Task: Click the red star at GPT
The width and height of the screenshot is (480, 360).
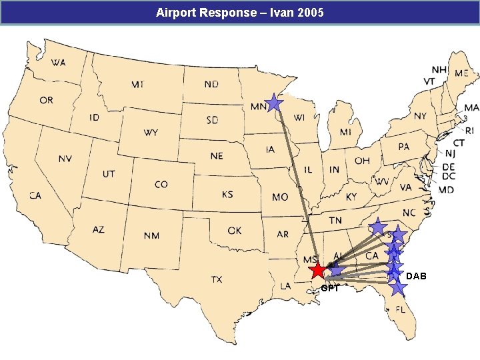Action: click(x=318, y=270)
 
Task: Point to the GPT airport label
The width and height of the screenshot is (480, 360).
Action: click(x=330, y=289)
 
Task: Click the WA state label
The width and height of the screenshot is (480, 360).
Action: click(x=58, y=63)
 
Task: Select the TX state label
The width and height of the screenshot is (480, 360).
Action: click(x=217, y=279)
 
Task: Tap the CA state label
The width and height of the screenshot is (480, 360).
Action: click(x=35, y=195)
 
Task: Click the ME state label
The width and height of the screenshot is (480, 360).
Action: click(x=461, y=74)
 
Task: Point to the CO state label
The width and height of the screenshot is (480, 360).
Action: click(x=161, y=184)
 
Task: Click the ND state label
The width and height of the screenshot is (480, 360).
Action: click(x=211, y=85)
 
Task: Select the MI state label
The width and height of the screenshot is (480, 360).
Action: click(x=345, y=132)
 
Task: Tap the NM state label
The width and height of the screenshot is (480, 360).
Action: click(x=151, y=235)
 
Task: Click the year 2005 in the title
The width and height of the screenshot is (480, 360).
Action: click(x=311, y=12)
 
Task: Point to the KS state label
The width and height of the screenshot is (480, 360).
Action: click(x=227, y=195)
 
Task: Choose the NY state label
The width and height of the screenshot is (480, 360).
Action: click(x=420, y=116)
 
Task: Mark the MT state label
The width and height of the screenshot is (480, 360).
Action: click(x=138, y=85)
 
